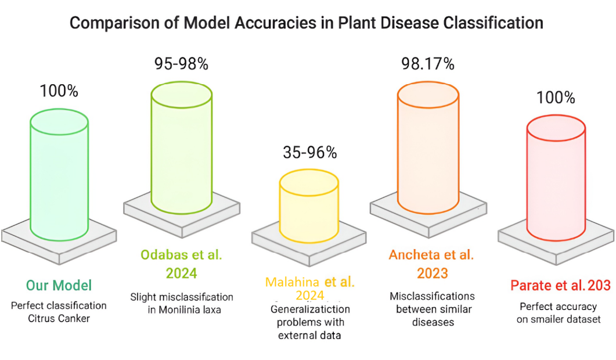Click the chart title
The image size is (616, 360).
click(307, 23)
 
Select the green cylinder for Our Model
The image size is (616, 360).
click(59, 175)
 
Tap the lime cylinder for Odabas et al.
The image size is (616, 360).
click(182, 147)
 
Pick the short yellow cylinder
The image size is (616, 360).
click(309, 206)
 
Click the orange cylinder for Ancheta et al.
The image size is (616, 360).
click(428, 147)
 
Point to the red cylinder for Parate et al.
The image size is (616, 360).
click(556, 177)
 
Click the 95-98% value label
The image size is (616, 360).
click(181, 64)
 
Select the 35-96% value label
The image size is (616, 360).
click(310, 153)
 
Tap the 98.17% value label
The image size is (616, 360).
click(428, 64)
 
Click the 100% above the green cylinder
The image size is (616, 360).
click(59, 91)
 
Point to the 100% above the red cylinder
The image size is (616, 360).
click(556, 98)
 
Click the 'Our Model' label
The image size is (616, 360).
click(59, 285)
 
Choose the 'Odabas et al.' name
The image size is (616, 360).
click(182, 255)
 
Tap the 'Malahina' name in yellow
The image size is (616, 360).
click(292, 282)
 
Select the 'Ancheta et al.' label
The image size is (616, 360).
click(431, 255)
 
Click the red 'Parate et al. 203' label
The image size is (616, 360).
click(561, 285)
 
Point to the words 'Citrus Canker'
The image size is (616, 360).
click(59, 318)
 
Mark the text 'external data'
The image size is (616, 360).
click(309, 335)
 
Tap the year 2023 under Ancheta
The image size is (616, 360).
click(432, 273)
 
